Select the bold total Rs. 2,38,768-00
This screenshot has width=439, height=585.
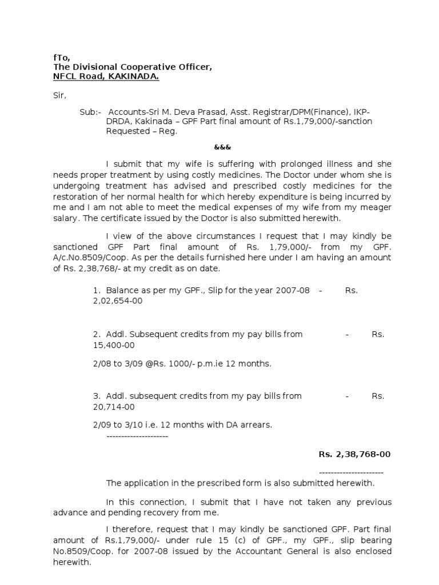(354, 454)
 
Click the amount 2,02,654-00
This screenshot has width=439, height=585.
(118, 300)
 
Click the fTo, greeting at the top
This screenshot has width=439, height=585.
(54, 57)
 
